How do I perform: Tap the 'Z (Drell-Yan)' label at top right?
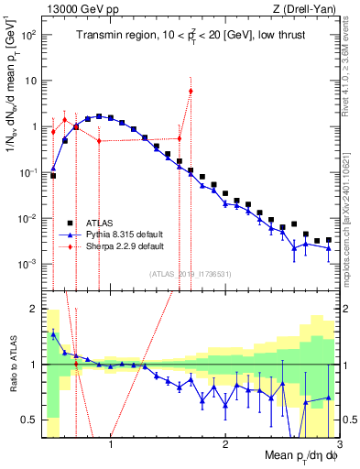tap(308, 9)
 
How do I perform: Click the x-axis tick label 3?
tap(338, 446)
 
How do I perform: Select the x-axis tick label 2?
tap(224, 446)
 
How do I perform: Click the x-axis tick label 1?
tap(111, 446)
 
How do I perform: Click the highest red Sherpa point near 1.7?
tap(191, 91)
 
